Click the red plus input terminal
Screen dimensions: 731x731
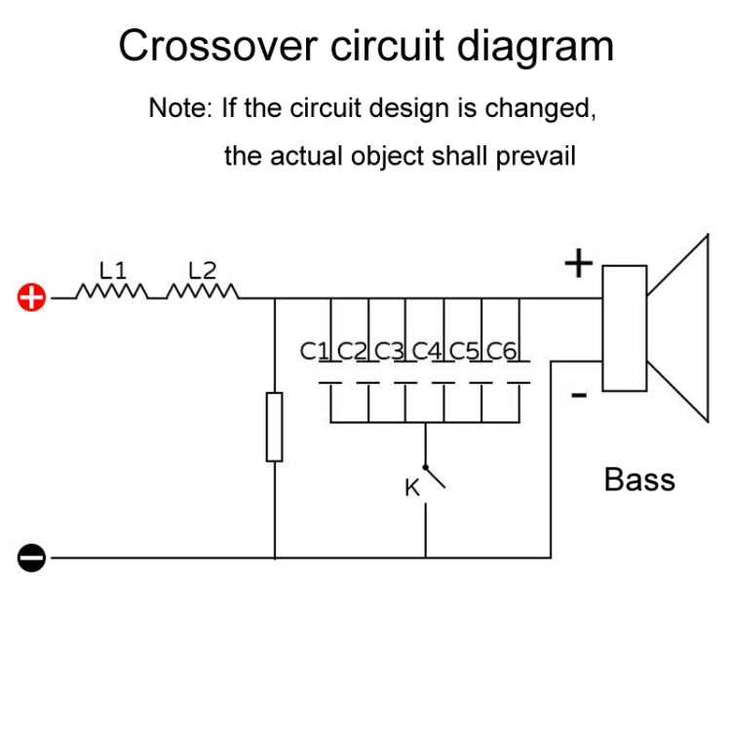(x=32, y=297)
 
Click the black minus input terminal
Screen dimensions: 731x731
(x=32, y=558)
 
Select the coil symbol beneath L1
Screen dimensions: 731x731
(x=112, y=292)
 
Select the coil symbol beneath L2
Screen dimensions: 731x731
(x=203, y=292)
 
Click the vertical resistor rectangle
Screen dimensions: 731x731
(x=275, y=427)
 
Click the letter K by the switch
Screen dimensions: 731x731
(x=412, y=488)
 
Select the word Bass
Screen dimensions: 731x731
(x=639, y=479)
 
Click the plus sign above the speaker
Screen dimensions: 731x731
(x=579, y=263)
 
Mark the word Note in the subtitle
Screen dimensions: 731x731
(x=179, y=107)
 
